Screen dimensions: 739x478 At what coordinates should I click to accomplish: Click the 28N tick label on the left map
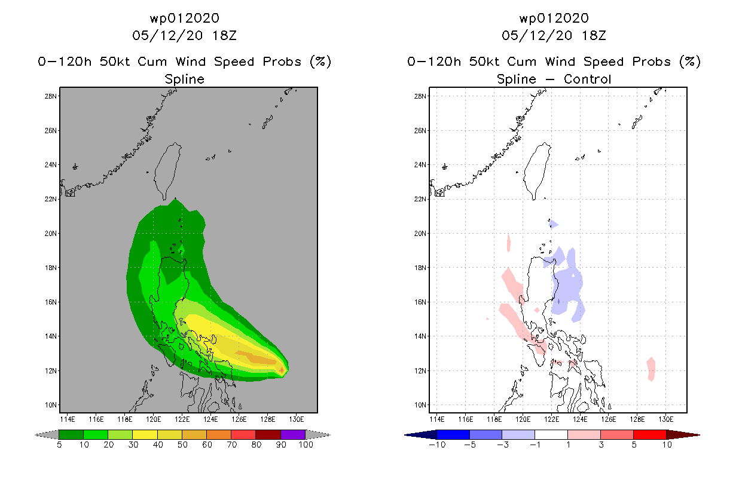pos(50,96)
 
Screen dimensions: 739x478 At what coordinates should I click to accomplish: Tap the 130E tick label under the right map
pos(666,419)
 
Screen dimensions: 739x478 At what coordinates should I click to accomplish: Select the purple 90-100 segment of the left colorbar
pos(293,434)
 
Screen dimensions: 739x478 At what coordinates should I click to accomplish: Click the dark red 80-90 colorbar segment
pos(268,434)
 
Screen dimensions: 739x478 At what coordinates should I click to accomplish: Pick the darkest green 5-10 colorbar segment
pos(71,434)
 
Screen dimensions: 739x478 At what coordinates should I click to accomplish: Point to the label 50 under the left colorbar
pos(182,445)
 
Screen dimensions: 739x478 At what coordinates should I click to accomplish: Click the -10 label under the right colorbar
pos(437,445)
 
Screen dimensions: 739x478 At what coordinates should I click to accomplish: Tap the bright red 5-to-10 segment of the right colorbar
pos(650,434)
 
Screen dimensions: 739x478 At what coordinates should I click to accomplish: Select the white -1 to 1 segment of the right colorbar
pos(551,434)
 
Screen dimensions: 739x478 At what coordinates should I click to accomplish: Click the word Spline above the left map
pos(184,79)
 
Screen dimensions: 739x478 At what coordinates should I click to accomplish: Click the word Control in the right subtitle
pos(587,79)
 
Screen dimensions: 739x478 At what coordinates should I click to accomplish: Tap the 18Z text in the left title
pos(224,36)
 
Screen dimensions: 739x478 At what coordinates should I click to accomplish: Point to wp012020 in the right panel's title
pos(554,19)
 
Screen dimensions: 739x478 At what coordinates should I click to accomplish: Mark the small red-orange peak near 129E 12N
pos(282,370)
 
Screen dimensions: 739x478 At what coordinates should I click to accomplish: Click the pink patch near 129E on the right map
pos(651,369)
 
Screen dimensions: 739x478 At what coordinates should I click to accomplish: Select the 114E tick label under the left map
pos(68,419)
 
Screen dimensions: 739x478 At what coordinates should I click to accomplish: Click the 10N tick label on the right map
pos(420,405)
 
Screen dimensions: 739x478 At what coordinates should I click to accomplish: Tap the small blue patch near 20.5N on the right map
pos(553,224)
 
